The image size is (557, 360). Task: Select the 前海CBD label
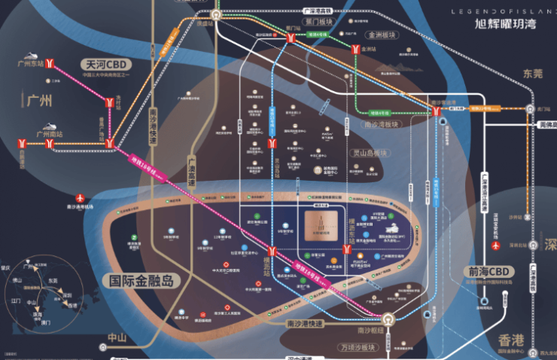492,272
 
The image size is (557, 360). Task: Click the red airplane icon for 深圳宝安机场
495,246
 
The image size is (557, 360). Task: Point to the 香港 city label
514,340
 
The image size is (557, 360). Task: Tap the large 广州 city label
38,100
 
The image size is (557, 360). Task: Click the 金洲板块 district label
381,35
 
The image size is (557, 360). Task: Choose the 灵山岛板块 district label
369,153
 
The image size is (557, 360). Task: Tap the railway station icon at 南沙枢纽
387,319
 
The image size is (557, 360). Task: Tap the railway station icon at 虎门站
533,110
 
